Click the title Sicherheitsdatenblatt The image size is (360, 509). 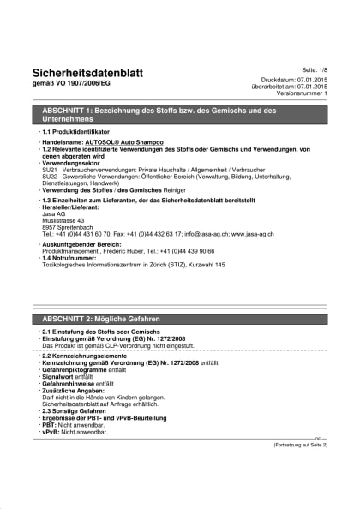(87, 73)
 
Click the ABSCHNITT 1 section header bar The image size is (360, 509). (180, 116)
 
